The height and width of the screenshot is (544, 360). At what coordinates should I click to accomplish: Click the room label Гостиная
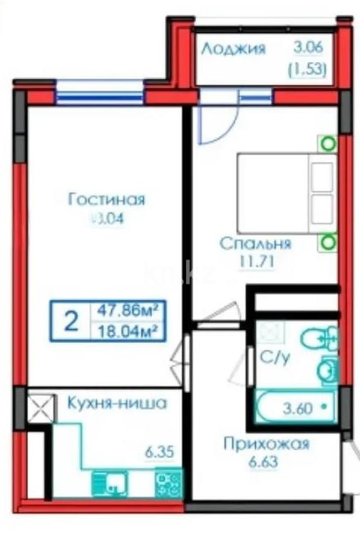106,200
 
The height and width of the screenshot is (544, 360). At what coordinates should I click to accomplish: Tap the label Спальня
254,244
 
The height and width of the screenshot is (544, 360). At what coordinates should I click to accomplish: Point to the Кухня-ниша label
117,404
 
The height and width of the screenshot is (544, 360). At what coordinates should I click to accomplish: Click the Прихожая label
266,444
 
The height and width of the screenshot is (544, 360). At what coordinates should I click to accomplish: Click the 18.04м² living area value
126,330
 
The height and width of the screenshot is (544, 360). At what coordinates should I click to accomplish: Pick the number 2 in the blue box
71,321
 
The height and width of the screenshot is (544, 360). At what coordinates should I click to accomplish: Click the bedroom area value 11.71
254,262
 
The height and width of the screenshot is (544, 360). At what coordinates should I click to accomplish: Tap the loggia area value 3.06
309,48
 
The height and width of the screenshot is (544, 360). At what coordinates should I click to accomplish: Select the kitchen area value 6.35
160,451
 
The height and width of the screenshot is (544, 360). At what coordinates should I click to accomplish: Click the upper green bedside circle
328,143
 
